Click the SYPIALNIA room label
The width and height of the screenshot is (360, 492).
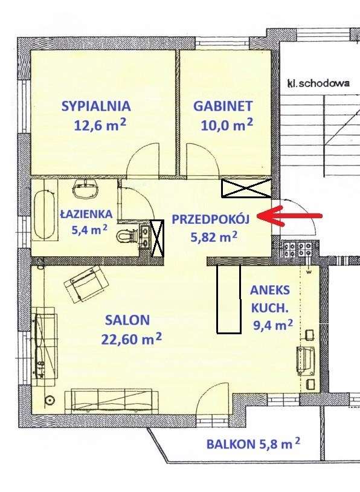click(x=96, y=106)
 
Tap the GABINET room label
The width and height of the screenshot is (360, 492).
click(x=223, y=106)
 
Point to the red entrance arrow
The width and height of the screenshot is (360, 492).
click(x=289, y=216)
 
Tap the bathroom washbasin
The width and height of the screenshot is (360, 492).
click(x=86, y=190)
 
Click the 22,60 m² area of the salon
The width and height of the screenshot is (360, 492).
click(x=132, y=338)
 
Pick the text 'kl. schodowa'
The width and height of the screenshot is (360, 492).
click(x=318, y=83)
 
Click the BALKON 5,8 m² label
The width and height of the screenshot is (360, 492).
click(x=253, y=444)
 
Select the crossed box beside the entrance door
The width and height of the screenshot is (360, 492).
click(x=246, y=189)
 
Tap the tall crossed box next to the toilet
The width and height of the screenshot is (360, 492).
click(x=157, y=238)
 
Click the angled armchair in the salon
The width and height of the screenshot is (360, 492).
click(x=86, y=283)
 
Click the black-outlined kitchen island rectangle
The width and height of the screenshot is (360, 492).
click(x=229, y=299)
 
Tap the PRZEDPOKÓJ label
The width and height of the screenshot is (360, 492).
click(x=211, y=219)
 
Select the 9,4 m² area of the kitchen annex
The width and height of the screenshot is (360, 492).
click(x=273, y=325)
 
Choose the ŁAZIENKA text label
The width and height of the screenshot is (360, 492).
click(x=86, y=215)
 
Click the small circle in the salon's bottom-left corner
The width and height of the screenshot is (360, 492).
click(x=50, y=400)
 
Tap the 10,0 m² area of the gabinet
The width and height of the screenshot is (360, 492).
click(x=227, y=125)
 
